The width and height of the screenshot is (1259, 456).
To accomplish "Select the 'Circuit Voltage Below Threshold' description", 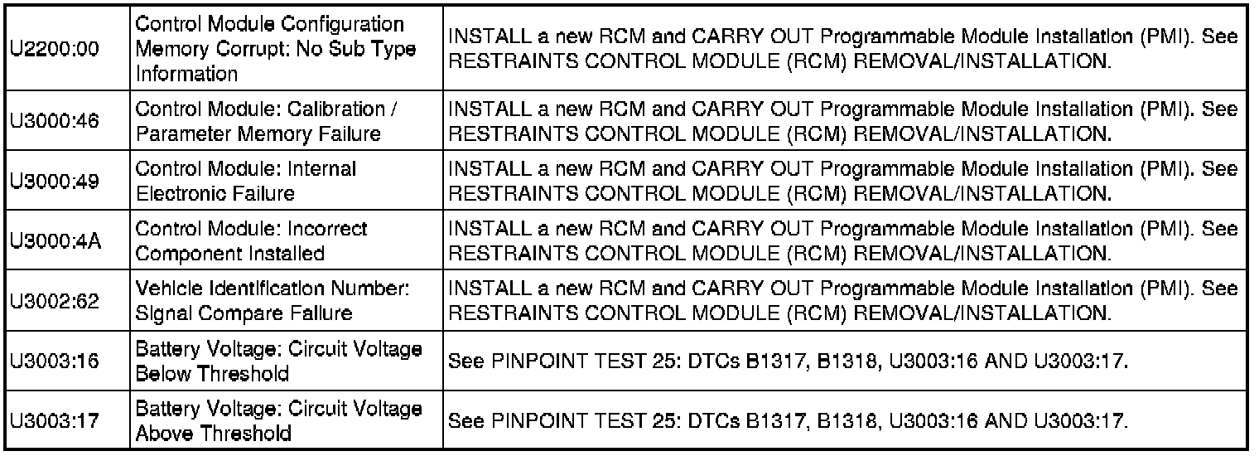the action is pyautogui.click(x=277, y=361).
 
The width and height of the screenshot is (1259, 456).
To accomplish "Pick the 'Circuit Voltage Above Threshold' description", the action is pyautogui.click(x=277, y=421).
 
